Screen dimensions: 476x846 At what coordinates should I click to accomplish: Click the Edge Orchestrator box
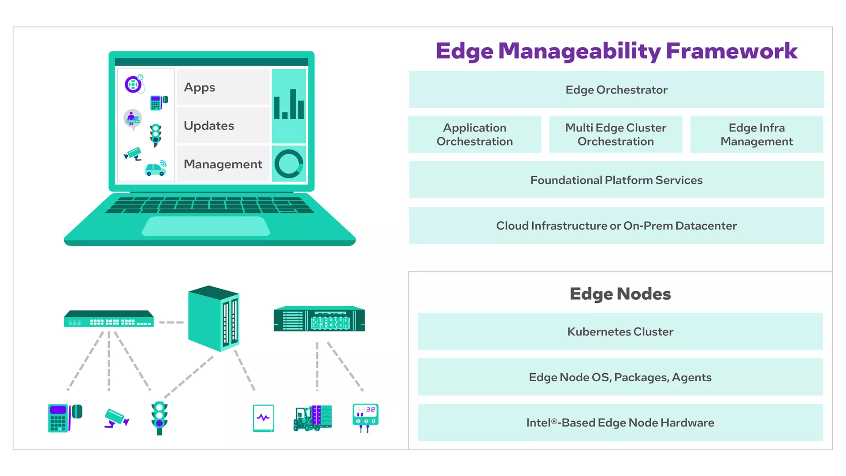coord(616,90)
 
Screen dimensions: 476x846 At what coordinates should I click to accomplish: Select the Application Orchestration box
coord(475,134)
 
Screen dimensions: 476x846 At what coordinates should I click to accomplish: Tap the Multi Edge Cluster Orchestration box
coord(616,134)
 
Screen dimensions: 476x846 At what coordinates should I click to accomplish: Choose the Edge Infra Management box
coord(757,134)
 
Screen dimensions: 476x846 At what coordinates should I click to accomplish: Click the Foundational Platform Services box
coord(616,180)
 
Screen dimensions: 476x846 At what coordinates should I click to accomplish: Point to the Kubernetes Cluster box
coord(620,332)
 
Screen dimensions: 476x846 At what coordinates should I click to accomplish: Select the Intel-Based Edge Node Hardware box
coord(620,423)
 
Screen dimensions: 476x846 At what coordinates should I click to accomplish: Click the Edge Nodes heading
coord(620,294)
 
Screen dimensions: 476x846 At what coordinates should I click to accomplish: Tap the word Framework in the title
coord(731,51)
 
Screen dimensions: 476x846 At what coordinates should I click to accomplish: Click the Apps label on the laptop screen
coord(200,88)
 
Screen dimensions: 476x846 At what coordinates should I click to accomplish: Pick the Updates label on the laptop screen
coord(209,126)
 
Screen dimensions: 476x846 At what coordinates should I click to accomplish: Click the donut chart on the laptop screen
coord(289,164)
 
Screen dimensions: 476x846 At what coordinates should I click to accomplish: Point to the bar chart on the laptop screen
coord(289,105)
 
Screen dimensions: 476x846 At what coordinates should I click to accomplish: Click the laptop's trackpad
coord(206,227)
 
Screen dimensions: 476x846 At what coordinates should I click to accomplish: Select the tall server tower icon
coord(214,318)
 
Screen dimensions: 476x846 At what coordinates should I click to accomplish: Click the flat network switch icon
coord(109,319)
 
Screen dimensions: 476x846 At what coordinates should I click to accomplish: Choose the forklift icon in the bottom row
coord(312,418)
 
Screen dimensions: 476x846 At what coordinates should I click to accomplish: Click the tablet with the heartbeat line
coord(263,418)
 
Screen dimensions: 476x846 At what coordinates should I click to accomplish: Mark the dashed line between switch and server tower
coord(171,323)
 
